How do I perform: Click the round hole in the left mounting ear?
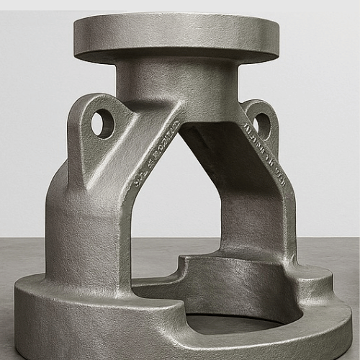[102, 123]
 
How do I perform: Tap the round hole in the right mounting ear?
[262, 125]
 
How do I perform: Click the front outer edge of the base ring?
[108, 338]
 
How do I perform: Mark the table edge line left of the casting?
[22, 240]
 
